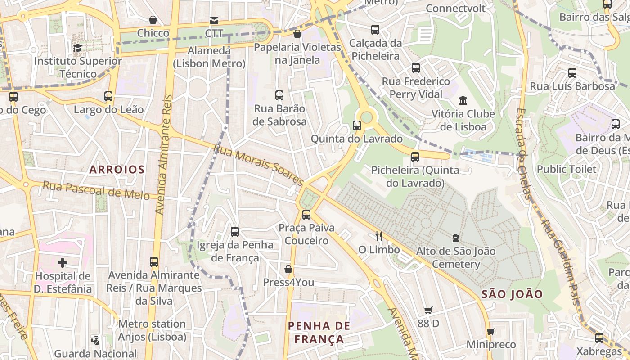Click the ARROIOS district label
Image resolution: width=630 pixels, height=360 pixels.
click(117, 170)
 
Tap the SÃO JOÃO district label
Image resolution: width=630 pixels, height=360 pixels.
click(513, 294)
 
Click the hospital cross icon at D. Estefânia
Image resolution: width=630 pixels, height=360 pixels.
click(63, 262)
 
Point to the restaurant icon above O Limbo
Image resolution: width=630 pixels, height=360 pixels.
click(378, 236)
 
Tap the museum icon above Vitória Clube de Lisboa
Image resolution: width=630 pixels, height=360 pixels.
click(463, 100)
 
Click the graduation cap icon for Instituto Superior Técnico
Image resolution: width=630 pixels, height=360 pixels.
click(77, 48)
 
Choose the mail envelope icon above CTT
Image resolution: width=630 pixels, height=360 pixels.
click(214, 20)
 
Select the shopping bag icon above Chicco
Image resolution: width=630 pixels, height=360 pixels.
click(153, 20)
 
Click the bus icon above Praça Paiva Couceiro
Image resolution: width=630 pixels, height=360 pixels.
click(306, 214)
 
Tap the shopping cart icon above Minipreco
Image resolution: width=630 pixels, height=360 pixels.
click(490, 332)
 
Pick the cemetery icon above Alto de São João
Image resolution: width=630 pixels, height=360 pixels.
click(456, 238)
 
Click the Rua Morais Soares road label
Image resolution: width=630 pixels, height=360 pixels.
click(258, 164)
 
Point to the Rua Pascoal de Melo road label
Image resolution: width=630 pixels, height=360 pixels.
click(96, 190)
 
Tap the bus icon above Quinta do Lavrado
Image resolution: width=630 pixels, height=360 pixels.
click(357, 126)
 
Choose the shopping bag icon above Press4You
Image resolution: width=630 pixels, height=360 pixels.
click(288, 269)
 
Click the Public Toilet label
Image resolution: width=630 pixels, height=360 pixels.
click(567, 169)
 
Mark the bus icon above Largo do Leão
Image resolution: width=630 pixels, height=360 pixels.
click(108, 96)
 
